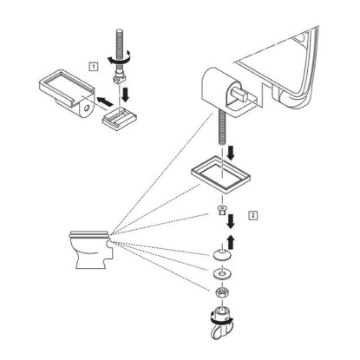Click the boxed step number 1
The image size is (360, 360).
click(93, 67)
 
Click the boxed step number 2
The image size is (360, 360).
click(253, 215)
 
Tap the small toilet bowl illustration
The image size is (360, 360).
click(90, 250)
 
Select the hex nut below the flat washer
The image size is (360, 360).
click(221, 293)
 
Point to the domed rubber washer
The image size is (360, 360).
click(222, 254)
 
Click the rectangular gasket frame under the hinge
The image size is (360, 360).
click(221, 175)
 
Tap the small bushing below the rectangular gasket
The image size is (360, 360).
click(222, 211)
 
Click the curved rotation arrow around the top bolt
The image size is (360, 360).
click(120, 59)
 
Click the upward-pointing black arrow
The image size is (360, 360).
click(231, 242)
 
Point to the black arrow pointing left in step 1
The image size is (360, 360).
click(104, 101)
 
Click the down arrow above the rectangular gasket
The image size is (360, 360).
click(231, 154)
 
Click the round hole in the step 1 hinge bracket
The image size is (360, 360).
click(87, 108)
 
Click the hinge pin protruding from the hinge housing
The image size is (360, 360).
click(242, 95)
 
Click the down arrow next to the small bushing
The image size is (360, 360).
click(231, 221)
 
